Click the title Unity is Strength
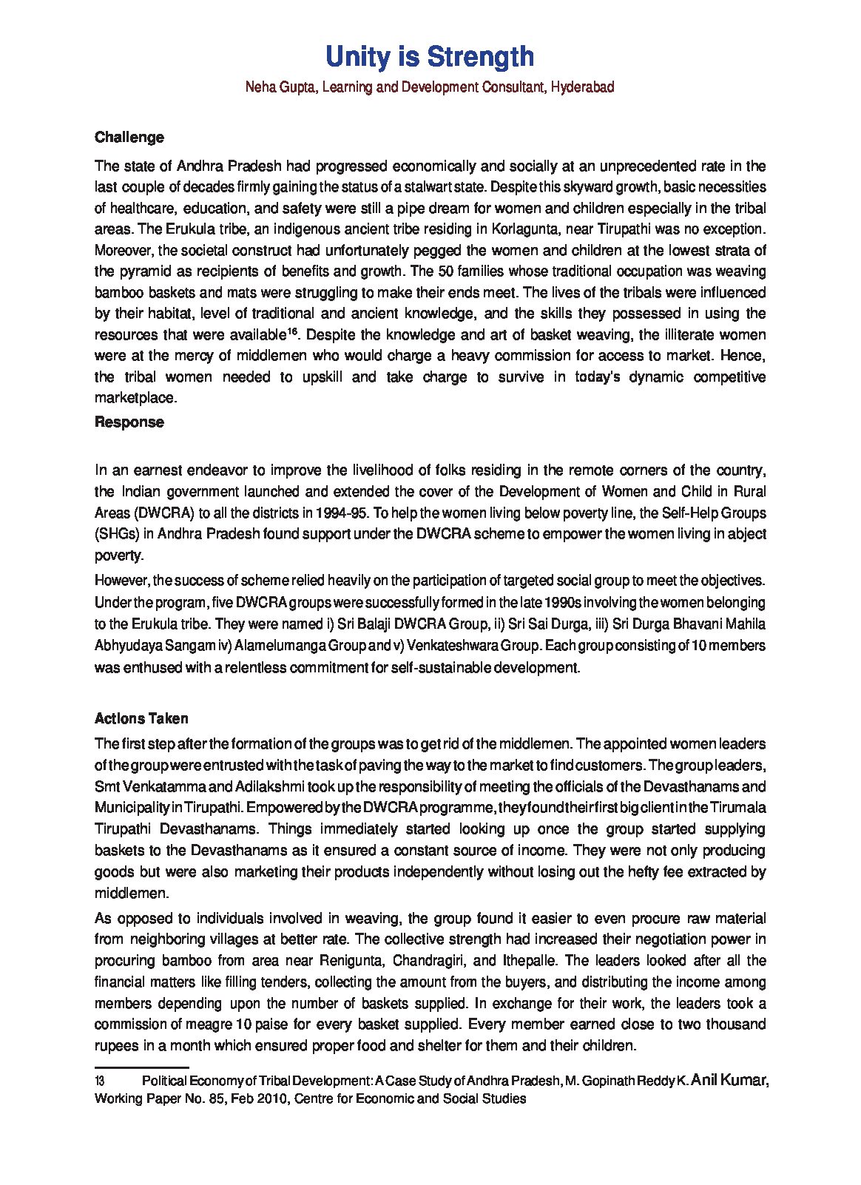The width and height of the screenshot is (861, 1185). (430, 57)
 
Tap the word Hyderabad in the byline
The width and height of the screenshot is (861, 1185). (582, 87)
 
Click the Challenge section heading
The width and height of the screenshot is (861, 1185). (129, 138)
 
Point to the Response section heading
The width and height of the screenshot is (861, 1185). (129, 422)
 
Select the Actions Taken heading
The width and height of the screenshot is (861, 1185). (141, 718)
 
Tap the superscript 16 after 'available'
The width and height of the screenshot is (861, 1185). (292, 331)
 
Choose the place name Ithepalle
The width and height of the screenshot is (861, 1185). (530, 961)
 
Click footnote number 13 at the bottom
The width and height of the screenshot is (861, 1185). (99, 1081)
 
